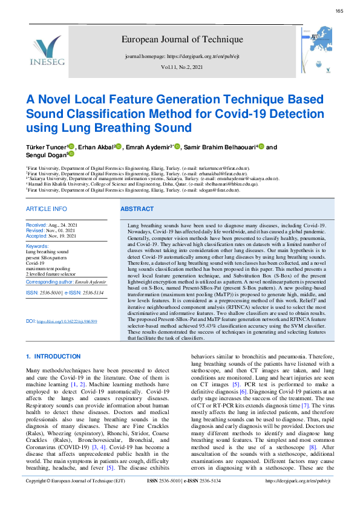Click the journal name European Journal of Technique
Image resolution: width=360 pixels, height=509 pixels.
(x=182, y=40)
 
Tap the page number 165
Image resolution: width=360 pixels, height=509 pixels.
(x=339, y=11)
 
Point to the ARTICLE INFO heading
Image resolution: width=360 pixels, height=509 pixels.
(x=47, y=209)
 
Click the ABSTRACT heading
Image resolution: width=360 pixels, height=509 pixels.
(x=137, y=209)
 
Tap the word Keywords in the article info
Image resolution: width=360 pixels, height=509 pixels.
(x=37, y=246)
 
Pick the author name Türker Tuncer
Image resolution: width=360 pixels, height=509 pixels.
(x=45, y=147)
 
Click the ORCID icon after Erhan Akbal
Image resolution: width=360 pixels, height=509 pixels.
(x=119, y=146)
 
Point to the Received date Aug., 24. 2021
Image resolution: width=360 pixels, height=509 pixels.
(x=59, y=225)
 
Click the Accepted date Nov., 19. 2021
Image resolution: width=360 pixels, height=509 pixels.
(x=59, y=236)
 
